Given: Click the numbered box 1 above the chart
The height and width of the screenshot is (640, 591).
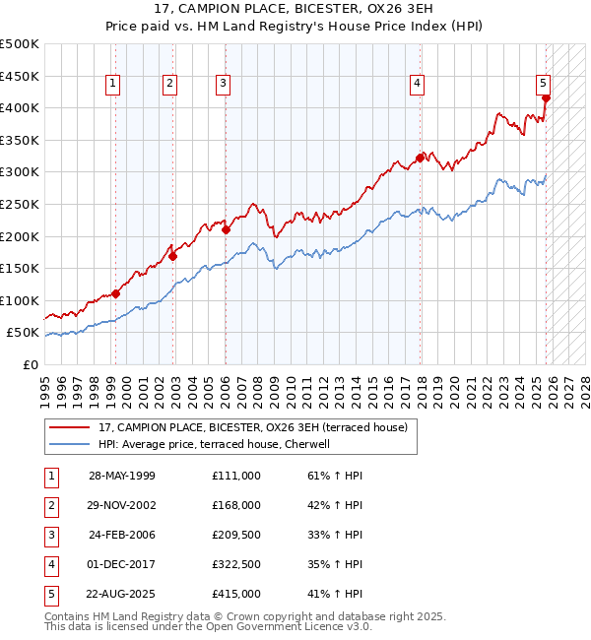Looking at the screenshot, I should pos(114,85).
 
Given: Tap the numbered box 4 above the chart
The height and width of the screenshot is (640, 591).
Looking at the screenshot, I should pos(418,85).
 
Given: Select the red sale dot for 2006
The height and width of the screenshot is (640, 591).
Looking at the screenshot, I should pos(226,230).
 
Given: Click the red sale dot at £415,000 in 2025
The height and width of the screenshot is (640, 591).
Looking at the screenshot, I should pos(546,97).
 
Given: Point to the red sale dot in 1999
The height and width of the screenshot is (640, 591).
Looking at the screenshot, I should pos(116,293).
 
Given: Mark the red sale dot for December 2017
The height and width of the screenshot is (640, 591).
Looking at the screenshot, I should pos(420,158).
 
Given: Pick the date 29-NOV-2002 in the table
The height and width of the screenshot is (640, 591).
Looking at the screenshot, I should pos(122,505).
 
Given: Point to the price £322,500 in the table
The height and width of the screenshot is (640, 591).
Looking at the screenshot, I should pos(235,564).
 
